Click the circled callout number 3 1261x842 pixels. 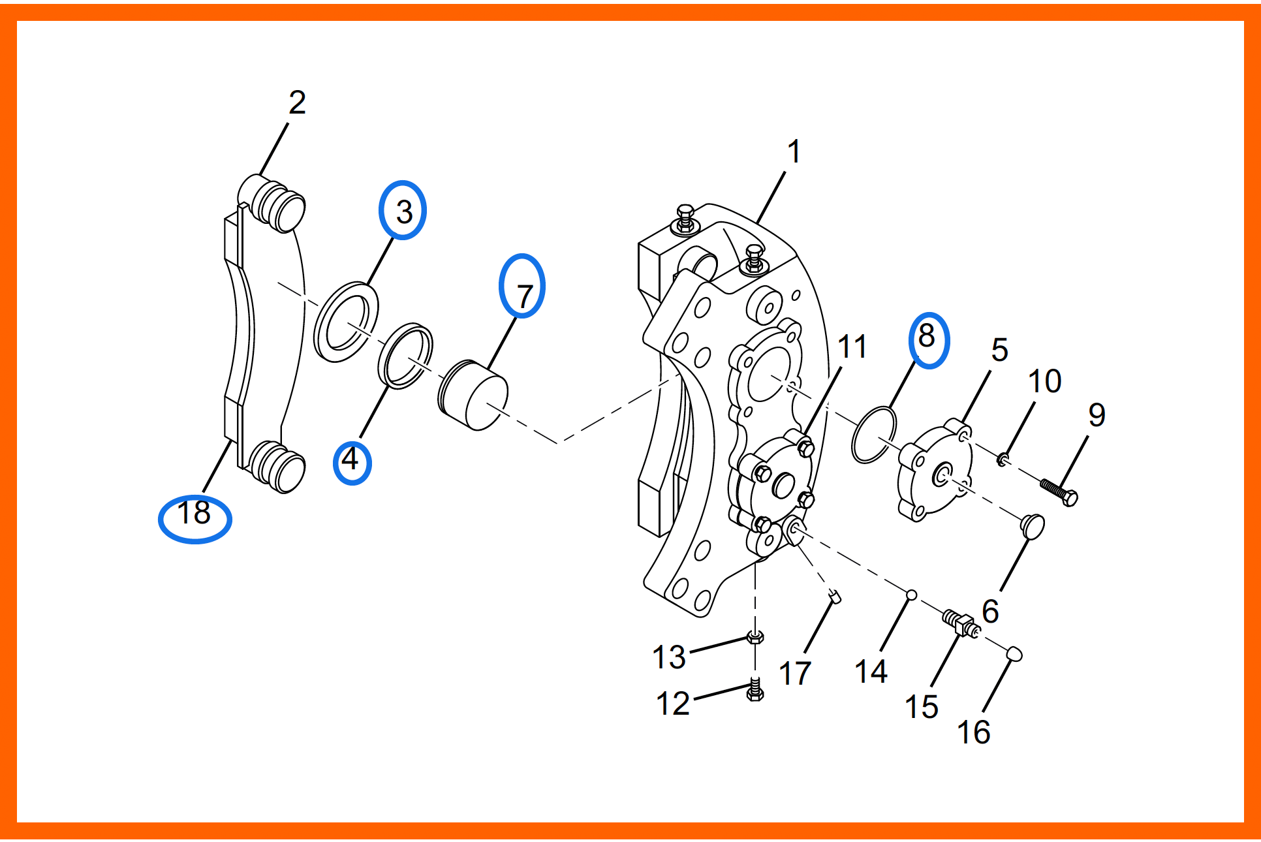404,211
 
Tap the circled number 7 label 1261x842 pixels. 524,296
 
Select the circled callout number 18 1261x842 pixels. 194,512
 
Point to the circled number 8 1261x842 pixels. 926,335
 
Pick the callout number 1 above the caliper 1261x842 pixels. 794,152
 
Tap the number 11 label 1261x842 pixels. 852,347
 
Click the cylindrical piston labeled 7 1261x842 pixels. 473,395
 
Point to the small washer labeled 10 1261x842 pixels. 1003,460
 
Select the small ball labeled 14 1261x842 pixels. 912,595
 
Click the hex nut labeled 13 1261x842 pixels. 755,637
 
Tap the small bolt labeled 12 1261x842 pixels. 755,690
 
